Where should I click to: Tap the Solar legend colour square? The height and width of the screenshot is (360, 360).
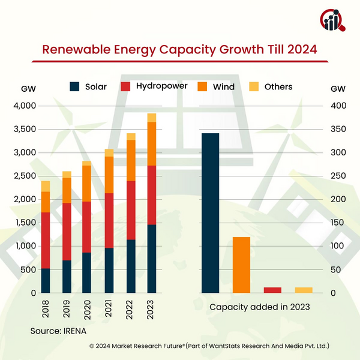tap(74, 86)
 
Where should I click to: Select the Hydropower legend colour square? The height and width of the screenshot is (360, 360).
tap(125, 86)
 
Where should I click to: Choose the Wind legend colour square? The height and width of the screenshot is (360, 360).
tap(201, 86)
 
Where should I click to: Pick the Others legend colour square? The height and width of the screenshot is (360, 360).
tap(254, 86)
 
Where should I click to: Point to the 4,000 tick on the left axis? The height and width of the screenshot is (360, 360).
tap(25, 106)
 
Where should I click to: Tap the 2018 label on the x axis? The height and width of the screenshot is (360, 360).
tap(46, 306)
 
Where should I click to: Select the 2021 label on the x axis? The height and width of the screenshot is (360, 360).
tap(109, 306)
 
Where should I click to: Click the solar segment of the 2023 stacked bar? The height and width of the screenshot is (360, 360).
tap(151, 259)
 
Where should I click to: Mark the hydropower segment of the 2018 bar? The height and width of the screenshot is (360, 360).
tap(46, 240)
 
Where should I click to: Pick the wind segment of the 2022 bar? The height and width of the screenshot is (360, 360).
tap(130, 160)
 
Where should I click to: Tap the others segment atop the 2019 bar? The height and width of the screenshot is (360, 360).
tap(67, 174)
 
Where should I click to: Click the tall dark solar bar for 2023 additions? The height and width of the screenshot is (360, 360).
tap(210, 213)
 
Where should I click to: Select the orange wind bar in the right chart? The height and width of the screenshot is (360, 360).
tap(241, 265)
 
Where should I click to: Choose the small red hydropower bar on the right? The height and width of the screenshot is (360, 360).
tap(272, 290)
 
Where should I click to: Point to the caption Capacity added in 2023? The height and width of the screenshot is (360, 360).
tap(259, 307)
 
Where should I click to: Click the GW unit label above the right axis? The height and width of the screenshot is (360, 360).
tap(338, 89)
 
